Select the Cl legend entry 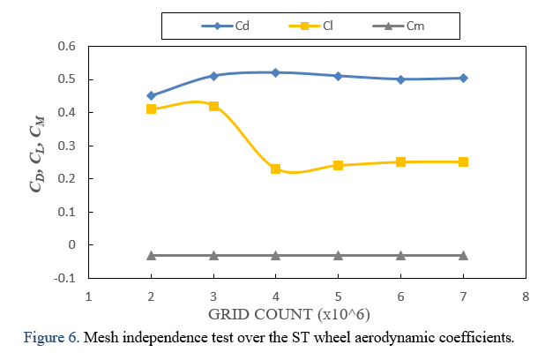point(313,26)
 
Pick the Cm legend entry point(401,26)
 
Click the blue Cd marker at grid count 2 point(151,95)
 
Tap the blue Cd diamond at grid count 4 point(275,72)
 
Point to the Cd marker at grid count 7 point(463,78)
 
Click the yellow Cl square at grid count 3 point(213,106)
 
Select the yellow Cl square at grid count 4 point(275,169)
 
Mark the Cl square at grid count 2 point(151,109)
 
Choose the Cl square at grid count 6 point(400,161)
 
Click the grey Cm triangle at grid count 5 point(338,255)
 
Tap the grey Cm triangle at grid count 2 point(151,255)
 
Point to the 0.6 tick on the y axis point(67,46)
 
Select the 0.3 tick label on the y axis point(67,146)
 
